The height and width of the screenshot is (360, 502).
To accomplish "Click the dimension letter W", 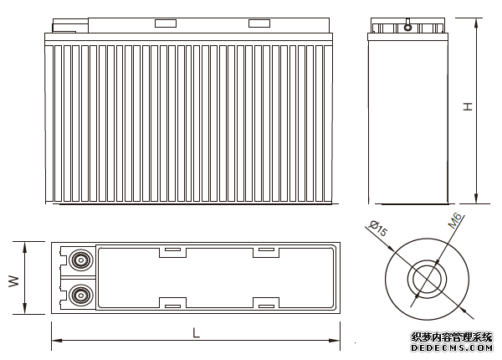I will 13,280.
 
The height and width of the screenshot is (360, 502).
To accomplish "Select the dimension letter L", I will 196,332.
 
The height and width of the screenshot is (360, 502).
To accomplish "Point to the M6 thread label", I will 455,221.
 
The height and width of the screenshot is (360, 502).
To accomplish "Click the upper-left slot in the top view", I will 172,249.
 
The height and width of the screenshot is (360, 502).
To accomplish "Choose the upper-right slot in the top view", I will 266,249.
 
